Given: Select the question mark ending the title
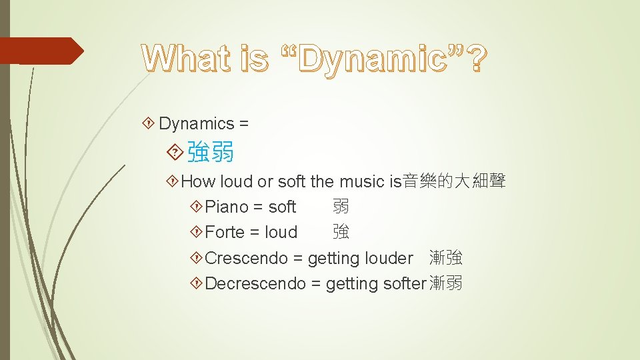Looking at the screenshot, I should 477,59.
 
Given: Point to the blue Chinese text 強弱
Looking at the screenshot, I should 211,152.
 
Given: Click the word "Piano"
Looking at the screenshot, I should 227,207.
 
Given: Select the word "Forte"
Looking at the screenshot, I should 225,233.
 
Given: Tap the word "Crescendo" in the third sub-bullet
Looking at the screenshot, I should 246,258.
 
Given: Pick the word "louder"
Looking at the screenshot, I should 387,258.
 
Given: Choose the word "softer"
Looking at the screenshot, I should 405,283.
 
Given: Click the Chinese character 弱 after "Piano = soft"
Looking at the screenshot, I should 341,207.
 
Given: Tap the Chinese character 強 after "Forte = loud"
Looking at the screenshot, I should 341,233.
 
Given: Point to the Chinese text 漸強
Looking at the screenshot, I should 446,258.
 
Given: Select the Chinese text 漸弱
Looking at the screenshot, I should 446,283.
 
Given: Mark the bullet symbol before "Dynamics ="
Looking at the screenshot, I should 149,123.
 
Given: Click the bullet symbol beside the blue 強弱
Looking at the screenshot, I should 175,152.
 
